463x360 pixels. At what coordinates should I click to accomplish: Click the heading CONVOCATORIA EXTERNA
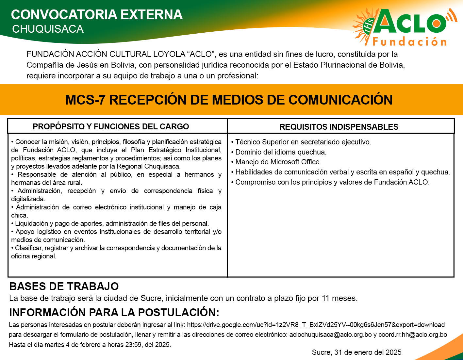pos(97,15)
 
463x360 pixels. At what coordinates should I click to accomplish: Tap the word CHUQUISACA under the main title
pos(48,29)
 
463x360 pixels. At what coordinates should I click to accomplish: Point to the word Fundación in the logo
pos(409,41)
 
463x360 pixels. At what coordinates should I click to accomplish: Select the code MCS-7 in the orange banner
pos(85,100)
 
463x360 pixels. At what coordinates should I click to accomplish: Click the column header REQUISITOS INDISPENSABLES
pos(339,127)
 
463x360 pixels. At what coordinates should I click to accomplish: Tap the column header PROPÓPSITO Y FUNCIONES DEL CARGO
pos(111,126)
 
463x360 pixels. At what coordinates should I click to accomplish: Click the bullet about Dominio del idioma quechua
pos(279,152)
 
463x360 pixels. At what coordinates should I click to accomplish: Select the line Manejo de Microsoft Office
pos(276,162)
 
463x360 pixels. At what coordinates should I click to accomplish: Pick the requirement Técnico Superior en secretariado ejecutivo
pos(301,142)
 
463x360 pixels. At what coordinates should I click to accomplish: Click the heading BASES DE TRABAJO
pos(64,286)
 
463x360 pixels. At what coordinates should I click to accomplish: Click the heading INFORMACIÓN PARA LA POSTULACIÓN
pos(114,313)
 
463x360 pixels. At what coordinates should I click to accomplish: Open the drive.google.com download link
pos(316,325)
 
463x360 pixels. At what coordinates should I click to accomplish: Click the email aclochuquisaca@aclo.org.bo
pos(330,335)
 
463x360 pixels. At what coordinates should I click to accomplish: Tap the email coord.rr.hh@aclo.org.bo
pos(412,335)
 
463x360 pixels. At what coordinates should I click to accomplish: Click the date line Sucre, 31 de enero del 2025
pos(357,352)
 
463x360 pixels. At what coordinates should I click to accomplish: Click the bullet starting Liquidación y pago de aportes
pos(110,223)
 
